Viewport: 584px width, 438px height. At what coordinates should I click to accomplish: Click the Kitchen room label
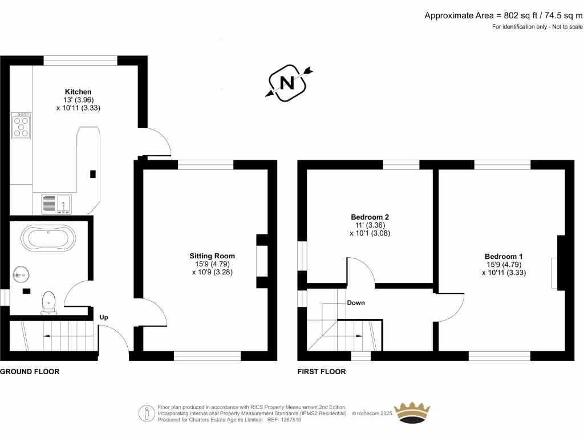click(x=78, y=92)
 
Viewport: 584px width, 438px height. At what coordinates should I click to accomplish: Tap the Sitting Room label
click(x=212, y=256)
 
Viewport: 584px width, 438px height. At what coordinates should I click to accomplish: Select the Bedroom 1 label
click(x=503, y=257)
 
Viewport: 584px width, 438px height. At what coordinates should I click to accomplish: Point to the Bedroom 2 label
click(x=370, y=217)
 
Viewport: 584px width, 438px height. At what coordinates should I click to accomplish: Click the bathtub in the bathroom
click(x=47, y=238)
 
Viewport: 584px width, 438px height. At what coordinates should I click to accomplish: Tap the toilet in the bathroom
click(x=48, y=302)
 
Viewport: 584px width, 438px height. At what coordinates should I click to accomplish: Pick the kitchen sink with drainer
click(x=56, y=203)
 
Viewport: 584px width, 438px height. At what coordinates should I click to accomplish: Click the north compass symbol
click(x=288, y=83)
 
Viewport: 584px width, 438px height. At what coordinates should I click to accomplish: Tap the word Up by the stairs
click(x=104, y=318)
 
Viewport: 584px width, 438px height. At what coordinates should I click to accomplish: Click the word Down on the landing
click(x=356, y=303)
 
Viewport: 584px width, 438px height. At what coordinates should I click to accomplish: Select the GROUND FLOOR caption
click(x=30, y=371)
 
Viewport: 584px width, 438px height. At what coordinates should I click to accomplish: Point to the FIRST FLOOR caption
click(x=322, y=371)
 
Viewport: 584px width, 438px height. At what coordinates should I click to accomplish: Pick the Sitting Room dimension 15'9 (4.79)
click(x=212, y=264)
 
